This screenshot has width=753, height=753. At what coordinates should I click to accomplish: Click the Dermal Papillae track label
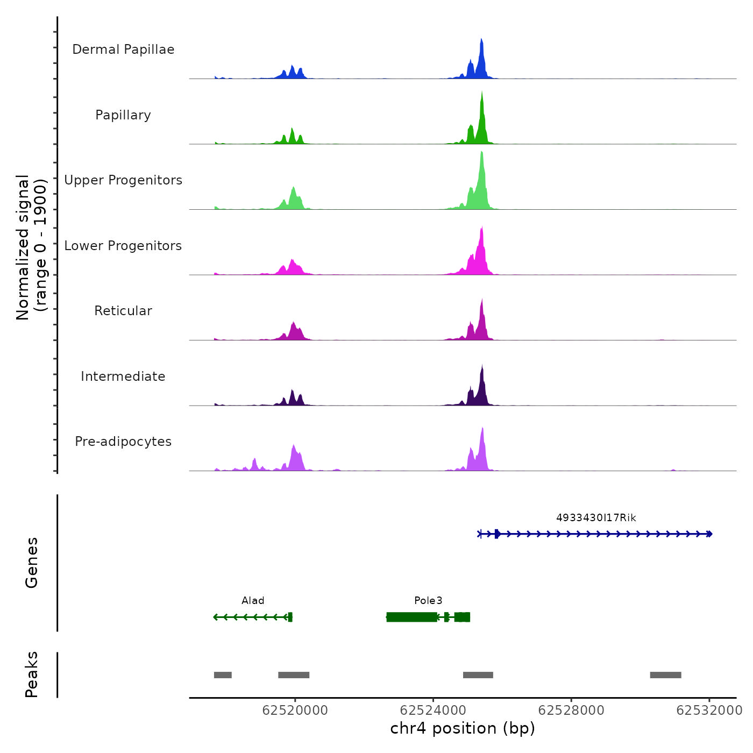(x=123, y=49)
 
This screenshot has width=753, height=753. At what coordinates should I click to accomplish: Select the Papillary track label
(x=123, y=115)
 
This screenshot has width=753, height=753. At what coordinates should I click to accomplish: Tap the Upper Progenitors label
(x=123, y=180)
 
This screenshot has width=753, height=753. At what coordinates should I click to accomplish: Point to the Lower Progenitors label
(x=123, y=246)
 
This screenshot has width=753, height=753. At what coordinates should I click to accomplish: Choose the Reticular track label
(x=123, y=311)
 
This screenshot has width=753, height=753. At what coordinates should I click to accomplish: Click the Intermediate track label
(x=123, y=376)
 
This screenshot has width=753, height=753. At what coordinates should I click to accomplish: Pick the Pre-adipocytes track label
(x=123, y=442)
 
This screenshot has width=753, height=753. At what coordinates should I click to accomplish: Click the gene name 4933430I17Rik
(x=596, y=518)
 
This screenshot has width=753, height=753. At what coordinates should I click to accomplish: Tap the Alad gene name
(x=253, y=601)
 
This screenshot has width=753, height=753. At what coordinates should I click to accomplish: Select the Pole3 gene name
(x=428, y=601)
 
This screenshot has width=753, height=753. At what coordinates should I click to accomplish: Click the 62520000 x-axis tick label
(x=295, y=711)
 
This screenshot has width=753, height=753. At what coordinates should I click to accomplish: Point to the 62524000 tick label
(x=433, y=711)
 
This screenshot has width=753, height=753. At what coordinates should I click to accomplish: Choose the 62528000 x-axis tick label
(x=571, y=711)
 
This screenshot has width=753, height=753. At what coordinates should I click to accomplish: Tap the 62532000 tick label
(x=709, y=711)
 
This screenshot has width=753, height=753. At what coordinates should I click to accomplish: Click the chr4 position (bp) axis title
(x=463, y=729)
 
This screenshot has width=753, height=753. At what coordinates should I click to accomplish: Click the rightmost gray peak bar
(x=665, y=675)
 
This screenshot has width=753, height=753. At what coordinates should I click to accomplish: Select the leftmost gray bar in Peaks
(x=223, y=675)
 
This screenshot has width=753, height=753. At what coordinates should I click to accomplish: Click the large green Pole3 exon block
(x=412, y=617)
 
